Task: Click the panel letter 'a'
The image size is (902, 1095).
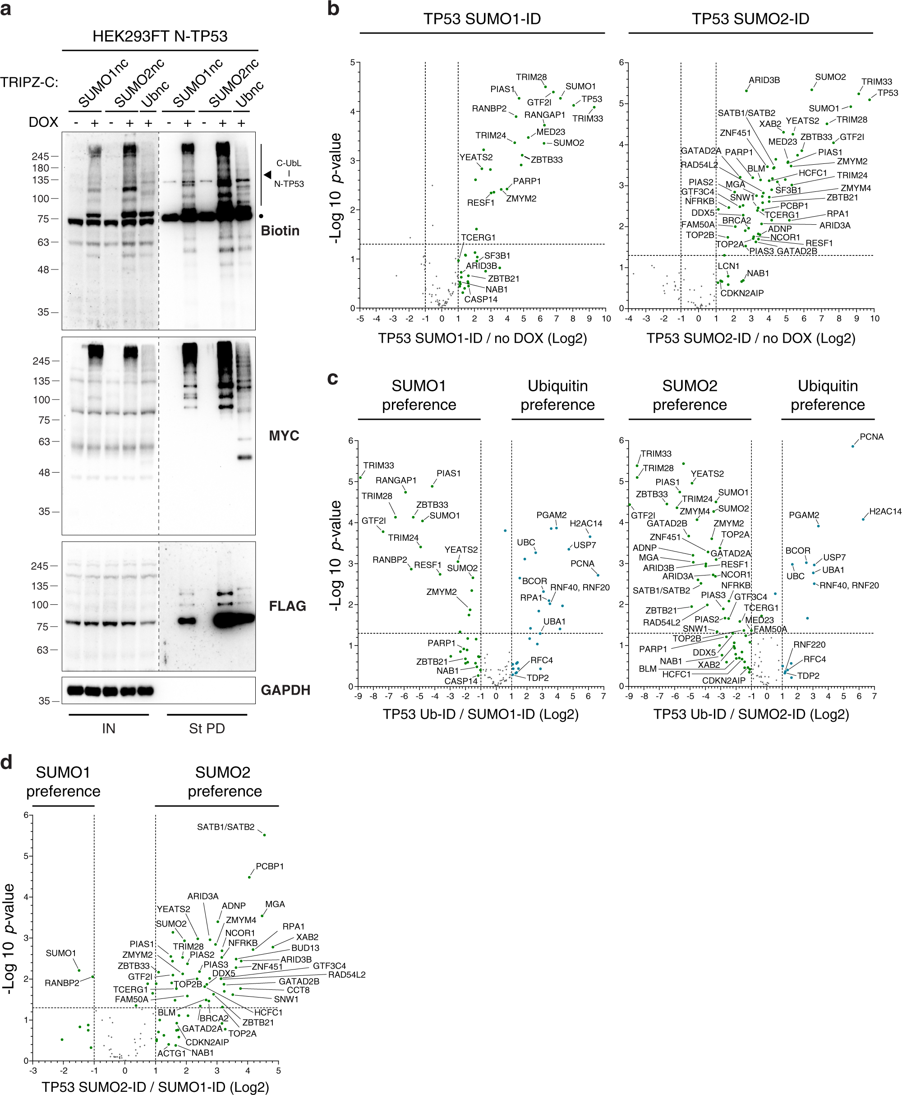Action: pos(6,9)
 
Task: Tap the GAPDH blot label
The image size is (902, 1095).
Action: pos(285,690)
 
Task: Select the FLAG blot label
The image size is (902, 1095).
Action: pos(287,606)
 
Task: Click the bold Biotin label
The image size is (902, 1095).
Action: pos(280,230)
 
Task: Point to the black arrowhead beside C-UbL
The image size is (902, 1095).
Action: pos(267,175)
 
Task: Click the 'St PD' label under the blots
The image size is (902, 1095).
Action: pos(207,728)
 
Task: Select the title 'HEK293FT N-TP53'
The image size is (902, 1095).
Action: pos(160,37)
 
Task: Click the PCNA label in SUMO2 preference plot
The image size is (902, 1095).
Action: pos(871,437)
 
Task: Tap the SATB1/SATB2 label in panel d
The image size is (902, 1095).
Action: pos(225,827)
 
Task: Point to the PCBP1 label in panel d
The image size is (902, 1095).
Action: pos(270,866)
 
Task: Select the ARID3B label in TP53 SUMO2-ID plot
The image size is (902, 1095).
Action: pos(764,80)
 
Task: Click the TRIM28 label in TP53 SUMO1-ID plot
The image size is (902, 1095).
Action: pos(531,77)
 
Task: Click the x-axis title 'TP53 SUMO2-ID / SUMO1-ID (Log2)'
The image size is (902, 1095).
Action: pos(155,1087)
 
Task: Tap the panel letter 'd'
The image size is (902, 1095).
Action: pos(6,762)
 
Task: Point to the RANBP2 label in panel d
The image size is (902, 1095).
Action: pos(62,983)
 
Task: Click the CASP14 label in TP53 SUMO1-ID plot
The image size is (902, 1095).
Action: pos(481,300)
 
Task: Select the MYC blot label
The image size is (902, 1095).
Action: pos(284,435)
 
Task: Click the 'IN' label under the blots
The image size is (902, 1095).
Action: pos(109,728)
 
